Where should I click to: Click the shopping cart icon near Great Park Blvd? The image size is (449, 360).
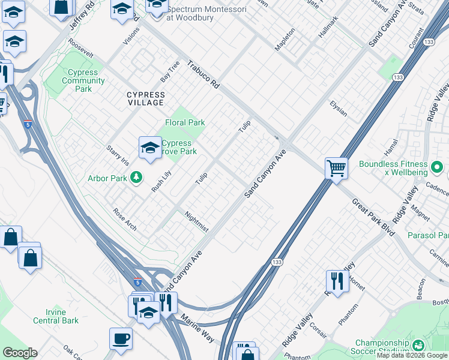coord(337,167)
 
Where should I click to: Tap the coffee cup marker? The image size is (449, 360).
coord(121,338)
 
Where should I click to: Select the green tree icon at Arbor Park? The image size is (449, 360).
coord(137,177)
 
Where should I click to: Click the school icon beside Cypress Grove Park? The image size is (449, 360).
coord(149,148)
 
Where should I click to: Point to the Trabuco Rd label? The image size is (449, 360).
coord(202,75)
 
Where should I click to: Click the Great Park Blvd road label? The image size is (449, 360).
coord(373,217)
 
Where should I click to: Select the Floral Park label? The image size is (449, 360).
coord(185,122)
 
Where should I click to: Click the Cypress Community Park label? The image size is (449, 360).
coord(83,80)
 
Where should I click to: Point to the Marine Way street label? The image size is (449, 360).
coord(197,329)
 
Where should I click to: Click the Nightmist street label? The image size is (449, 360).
coord(196,221)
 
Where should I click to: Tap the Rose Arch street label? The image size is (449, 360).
coord(125,220)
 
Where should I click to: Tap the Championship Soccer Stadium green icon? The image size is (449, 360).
coord(419,345)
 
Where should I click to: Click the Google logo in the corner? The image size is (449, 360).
coord(19,353)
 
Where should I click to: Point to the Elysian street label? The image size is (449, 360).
coord(338,109)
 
